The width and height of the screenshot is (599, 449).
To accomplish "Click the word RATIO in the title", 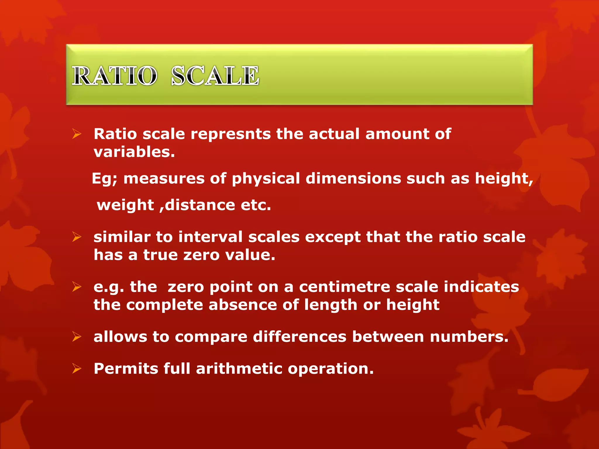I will click(x=114, y=76).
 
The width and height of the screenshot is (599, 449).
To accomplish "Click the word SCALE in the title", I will click(x=215, y=76).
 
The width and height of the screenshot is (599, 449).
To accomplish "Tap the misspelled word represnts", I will click(x=231, y=134).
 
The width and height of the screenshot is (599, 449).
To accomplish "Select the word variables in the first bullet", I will click(x=134, y=152).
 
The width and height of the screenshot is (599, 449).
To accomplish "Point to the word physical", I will click(x=266, y=179).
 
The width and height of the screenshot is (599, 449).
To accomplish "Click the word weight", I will click(x=125, y=205).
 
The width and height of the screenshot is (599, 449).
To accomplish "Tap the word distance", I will click(x=200, y=205).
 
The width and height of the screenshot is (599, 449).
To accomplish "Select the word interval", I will click(x=210, y=237).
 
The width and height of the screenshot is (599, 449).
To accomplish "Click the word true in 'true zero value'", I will click(x=160, y=255).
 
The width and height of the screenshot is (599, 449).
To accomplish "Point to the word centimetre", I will click(x=345, y=287).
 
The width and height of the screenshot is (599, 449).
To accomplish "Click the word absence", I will click(x=243, y=305).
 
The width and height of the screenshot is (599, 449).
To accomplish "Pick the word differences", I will click(x=300, y=337).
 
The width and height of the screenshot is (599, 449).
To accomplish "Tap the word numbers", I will click(x=469, y=337).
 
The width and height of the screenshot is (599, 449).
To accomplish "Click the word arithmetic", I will click(x=239, y=369).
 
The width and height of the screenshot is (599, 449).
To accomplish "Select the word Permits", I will click(x=126, y=369).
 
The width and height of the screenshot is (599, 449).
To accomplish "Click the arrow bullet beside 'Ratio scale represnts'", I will click(x=77, y=134).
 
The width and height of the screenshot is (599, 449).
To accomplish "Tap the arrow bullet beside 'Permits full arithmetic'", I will click(x=77, y=369).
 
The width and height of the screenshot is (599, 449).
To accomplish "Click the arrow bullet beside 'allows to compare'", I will click(x=77, y=337).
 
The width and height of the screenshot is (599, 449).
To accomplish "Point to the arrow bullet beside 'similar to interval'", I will click(x=77, y=237).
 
